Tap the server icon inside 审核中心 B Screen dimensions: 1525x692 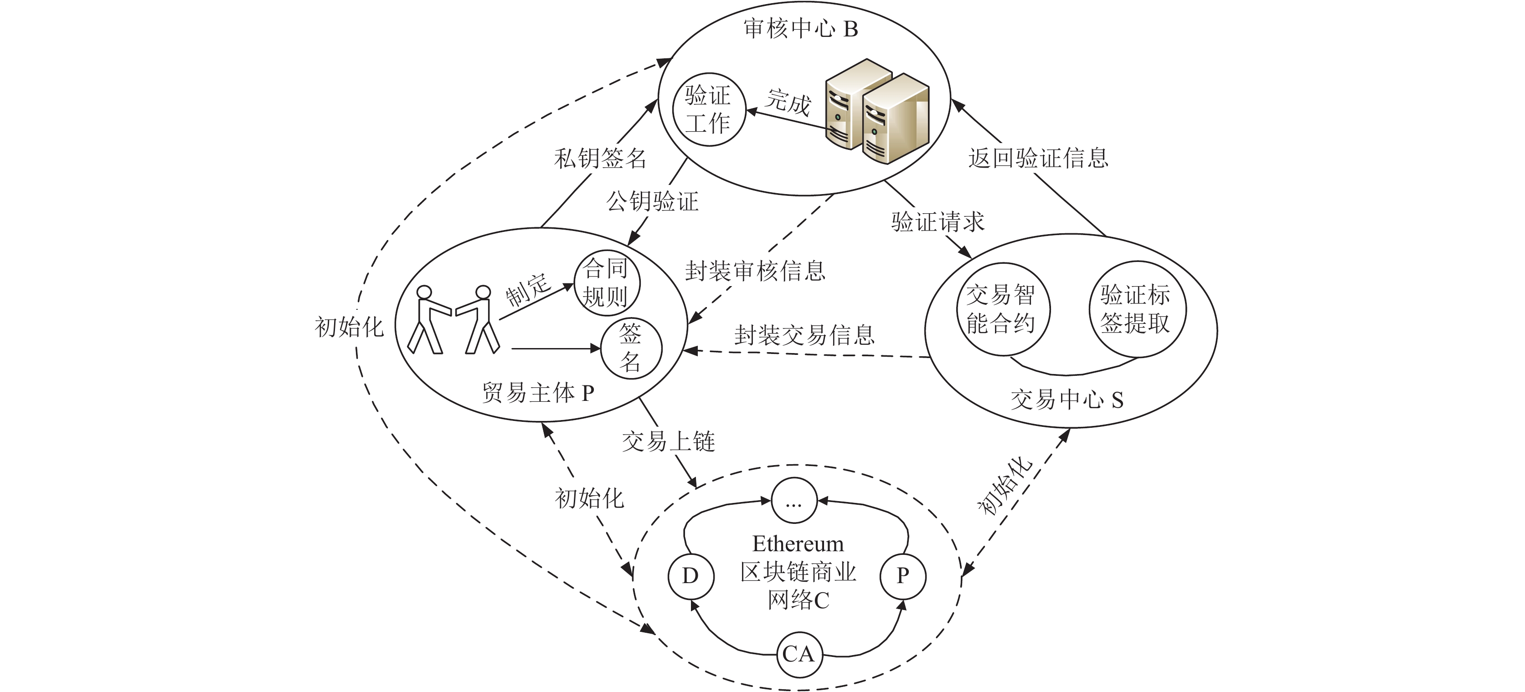[x=877, y=111]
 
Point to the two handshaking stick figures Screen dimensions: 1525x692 [x=453, y=320]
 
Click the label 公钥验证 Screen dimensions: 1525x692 [x=652, y=202]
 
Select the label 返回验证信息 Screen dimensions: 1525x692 [x=1038, y=158]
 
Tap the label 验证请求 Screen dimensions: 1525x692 [x=938, y=222]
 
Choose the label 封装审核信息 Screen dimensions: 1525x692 [x=755, y=271]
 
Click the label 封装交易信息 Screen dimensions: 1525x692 [x=804, y=336]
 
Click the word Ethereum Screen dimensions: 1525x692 [x=798, y=543]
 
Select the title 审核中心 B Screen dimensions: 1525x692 [x=801, y=28]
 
